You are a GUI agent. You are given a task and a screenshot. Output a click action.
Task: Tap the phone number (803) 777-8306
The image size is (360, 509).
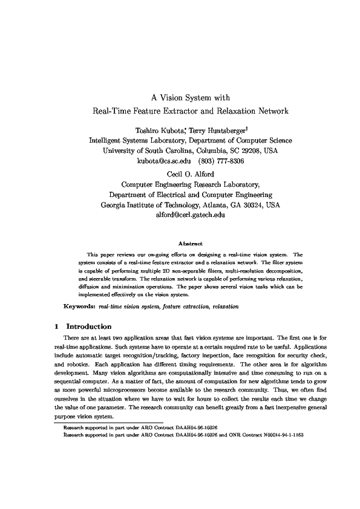[x=223, y=161]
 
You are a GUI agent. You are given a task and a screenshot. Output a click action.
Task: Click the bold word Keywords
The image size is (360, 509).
[x=79, y=307]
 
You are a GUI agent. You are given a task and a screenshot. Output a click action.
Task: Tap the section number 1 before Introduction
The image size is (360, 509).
[x=56, y=326]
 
